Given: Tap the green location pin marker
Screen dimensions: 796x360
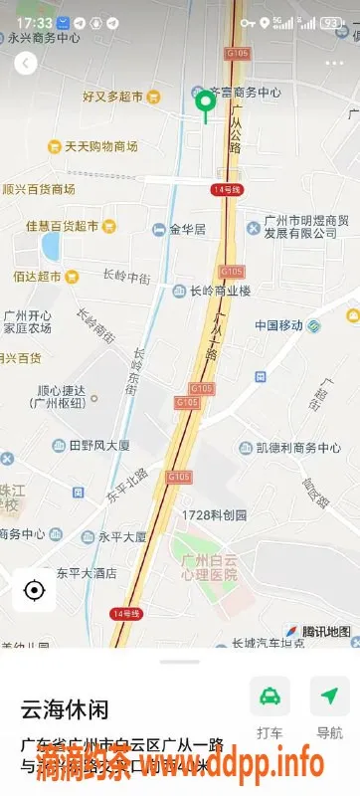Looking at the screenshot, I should tap(206, 102).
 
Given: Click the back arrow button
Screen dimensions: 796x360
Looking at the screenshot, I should tap(26, 64).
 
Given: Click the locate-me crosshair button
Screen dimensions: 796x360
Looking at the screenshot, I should tap(35, 590).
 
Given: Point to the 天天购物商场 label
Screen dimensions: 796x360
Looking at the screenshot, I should tap(100, 147).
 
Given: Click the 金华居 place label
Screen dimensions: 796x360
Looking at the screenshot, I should tap(186, 229).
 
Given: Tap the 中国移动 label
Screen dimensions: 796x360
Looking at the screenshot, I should tap(278, 325).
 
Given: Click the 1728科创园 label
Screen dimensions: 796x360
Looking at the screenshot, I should tap(214, 515).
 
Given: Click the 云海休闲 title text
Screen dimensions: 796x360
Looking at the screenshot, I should tap(65, 709).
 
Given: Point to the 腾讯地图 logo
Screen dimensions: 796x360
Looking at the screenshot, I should tap(318, 631).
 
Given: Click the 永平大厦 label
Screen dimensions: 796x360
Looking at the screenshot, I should tap(121, 536).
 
